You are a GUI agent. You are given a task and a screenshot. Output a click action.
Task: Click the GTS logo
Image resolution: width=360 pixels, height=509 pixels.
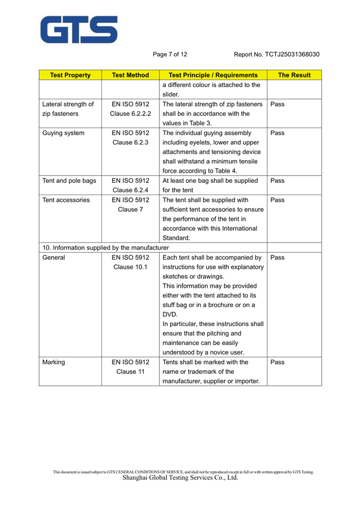click(78, 30)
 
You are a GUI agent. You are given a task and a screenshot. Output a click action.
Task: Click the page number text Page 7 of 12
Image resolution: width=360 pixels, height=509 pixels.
click(170, 55)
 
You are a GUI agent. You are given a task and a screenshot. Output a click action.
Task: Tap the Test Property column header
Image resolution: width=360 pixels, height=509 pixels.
click(70, 75)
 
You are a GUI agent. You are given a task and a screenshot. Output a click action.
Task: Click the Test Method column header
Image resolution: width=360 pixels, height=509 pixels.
click(130, 75)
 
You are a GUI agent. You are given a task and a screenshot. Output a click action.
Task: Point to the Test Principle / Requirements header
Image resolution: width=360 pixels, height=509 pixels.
click(213, 75)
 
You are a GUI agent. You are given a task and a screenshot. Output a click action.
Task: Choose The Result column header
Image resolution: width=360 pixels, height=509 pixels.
click(294, 75)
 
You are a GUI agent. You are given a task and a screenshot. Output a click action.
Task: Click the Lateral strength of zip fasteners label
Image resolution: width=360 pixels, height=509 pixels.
click(68, 109)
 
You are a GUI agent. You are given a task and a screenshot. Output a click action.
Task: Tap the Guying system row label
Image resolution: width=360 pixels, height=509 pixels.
click(64, 133)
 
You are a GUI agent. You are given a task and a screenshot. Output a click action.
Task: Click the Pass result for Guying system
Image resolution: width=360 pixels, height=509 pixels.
click(277, 133)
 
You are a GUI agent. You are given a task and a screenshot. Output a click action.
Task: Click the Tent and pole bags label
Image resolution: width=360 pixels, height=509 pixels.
click(69, 181)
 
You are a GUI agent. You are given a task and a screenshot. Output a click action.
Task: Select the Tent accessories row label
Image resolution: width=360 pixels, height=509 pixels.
click(66, 200)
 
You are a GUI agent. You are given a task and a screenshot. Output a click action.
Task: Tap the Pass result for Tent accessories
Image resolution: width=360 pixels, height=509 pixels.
click(277, 200)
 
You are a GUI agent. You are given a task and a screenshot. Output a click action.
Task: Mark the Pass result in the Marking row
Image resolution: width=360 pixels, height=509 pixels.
click(277, 362)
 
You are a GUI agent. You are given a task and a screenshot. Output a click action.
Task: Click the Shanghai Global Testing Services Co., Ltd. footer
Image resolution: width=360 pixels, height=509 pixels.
click(180, 478)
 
